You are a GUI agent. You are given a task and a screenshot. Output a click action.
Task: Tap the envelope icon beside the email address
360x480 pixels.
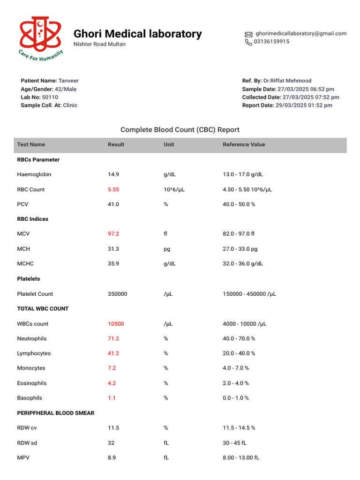248,34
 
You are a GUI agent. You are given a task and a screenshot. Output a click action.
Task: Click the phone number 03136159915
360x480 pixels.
272,42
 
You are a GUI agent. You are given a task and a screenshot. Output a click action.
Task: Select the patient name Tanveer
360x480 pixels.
68,81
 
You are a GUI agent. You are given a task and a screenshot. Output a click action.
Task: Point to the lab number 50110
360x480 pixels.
50,97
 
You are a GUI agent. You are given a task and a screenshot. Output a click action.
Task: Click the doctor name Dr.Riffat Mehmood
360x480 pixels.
287,81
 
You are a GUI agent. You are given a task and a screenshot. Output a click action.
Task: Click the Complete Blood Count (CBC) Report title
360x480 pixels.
180,130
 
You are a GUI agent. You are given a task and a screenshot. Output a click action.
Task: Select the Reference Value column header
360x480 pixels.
244,145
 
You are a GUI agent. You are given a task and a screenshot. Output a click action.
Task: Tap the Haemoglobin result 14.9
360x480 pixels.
113,174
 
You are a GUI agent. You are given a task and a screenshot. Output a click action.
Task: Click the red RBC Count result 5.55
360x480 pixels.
113,190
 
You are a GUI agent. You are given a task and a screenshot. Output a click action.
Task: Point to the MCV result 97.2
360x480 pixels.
113,234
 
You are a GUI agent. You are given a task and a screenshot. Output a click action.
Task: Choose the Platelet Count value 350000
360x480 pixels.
118,294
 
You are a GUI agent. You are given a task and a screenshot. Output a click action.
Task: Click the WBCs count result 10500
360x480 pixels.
116,324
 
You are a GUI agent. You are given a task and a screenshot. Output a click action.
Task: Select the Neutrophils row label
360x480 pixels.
31,339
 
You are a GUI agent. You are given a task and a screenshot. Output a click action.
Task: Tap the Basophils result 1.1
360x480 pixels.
112,398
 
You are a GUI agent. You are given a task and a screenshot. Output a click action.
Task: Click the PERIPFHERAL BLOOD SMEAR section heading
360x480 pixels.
56,413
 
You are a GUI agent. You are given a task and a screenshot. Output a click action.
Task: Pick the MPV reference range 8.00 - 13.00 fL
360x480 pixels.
241,458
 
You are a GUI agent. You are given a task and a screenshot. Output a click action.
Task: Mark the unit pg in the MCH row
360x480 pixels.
167,249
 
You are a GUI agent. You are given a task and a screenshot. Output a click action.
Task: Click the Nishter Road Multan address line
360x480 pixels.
99,45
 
